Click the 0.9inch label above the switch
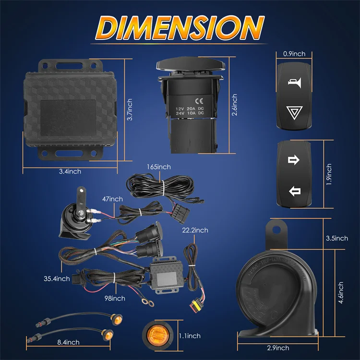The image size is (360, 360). [x=294, y=54]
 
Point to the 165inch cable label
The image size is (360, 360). [x=159, y=167]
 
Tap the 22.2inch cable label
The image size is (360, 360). [x=195, y=230]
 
